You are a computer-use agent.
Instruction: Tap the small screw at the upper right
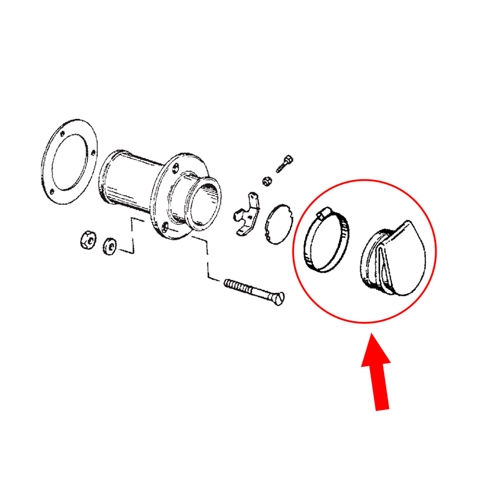(284, 164)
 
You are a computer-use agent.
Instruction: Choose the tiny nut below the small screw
(268, 181)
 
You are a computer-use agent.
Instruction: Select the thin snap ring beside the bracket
(278, 224)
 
